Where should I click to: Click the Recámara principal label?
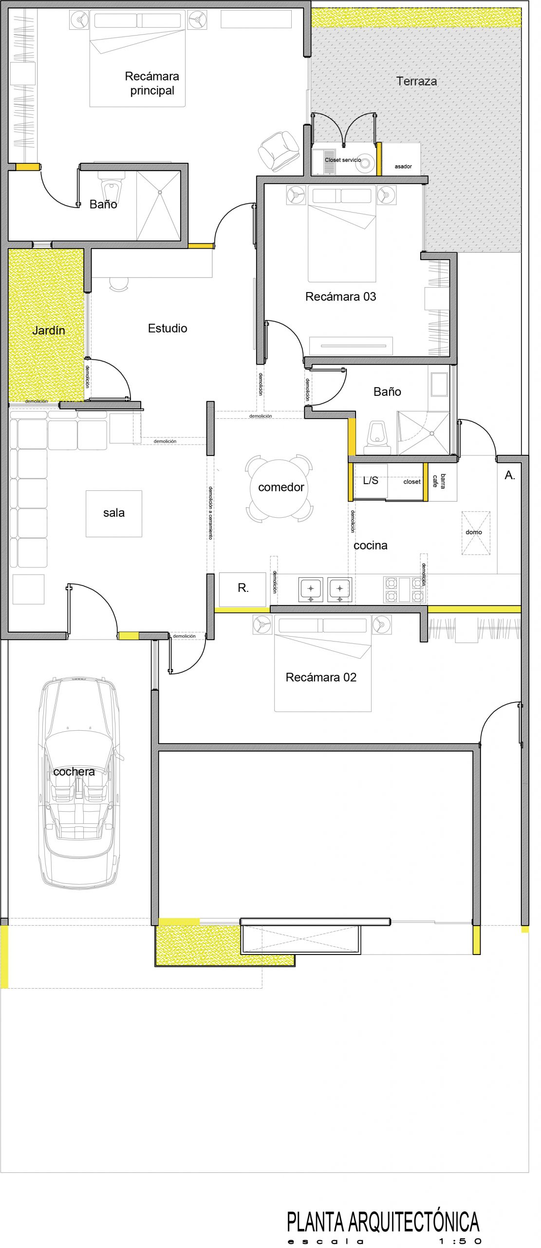pos(152,83)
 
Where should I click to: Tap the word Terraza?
pos(416,81)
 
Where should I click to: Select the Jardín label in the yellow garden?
pos(48,331)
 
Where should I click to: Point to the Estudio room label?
pos(168,328)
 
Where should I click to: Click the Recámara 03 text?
pos(340,296)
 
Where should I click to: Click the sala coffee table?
pos(114,513)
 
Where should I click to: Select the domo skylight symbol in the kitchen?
pos(476,533)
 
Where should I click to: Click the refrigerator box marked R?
pos(243,589)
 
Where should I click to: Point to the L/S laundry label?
pos(371,481)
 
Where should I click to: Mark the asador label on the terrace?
pos(403,167)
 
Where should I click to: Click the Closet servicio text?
pos(343,160)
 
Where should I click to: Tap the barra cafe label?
pos(439,481)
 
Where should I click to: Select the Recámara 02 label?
pos(321,677)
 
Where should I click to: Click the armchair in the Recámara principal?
pos(279,151)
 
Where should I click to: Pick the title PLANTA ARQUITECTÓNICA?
pos(383,1222)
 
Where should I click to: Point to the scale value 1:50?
pos(460,1241)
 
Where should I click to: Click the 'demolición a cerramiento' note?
pos(210,513)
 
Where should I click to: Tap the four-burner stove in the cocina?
pos(404,590)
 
